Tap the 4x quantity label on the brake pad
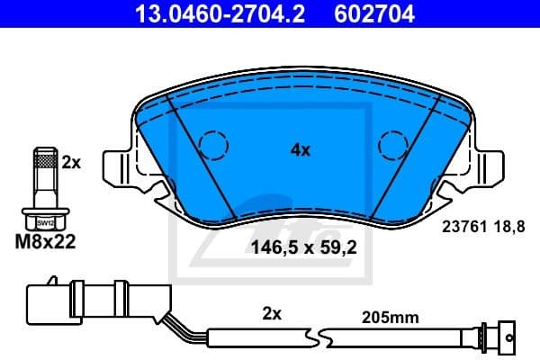click(x=300, y=150)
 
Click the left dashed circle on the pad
click(x=213, y=144)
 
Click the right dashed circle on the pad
click(x=393, y=144)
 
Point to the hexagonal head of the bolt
click(x=41, y=220)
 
